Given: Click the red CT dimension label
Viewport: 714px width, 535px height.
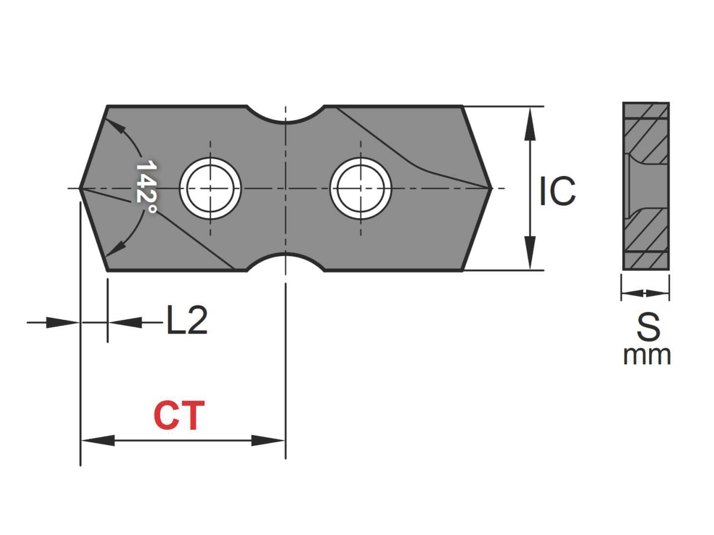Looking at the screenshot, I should (179, 416).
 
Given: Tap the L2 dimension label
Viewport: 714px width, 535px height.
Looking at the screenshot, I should (187, 322).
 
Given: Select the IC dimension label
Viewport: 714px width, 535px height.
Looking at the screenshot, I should (558, 191).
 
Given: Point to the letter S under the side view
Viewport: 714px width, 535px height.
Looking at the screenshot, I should (648, 326).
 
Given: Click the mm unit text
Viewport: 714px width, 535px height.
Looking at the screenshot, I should (647, 355).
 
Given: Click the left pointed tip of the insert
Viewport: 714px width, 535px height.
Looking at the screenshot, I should (82, 188).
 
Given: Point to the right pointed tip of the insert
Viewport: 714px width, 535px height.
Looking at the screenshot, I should (490, 188).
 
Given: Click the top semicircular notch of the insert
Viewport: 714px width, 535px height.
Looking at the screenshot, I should (286, 115).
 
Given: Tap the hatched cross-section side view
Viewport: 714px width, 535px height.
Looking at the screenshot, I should (646, 185).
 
